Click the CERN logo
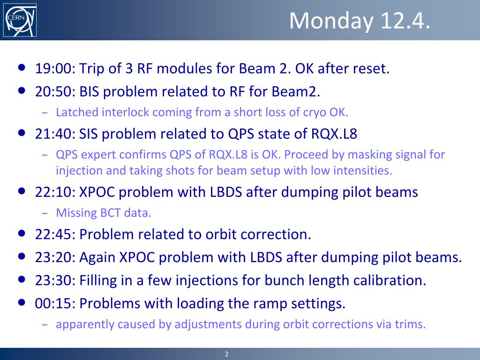[x=20, y=20]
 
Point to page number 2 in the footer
[x=226, y=354]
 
